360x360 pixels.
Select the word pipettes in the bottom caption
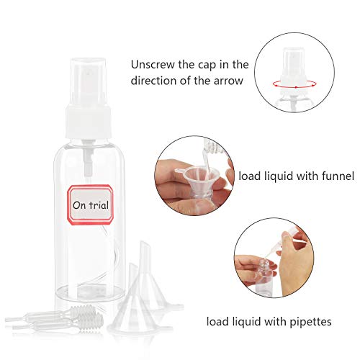(310, 322)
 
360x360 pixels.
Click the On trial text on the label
(91, 205)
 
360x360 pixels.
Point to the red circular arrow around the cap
(294, 84)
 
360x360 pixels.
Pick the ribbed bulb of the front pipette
(92, 321)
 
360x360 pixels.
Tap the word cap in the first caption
(207, 66)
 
